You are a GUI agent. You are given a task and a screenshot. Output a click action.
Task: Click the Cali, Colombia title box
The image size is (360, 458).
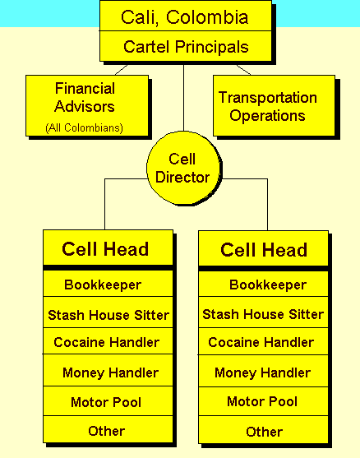186,16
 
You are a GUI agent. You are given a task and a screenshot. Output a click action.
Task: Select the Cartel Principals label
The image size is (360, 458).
186,47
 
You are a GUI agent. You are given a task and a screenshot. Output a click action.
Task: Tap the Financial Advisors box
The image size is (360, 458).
87,105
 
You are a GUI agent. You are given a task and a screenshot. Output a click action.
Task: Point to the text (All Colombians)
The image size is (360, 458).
85,128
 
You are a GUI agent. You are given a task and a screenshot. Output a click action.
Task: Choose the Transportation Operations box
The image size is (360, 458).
274,105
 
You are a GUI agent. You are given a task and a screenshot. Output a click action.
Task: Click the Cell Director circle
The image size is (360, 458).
183,168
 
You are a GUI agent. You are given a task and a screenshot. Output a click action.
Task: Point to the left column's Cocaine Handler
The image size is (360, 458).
108,341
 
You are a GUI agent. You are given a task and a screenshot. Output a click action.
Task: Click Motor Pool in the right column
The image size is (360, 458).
263,401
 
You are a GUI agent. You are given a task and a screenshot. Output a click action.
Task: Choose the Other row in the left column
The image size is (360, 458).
108,429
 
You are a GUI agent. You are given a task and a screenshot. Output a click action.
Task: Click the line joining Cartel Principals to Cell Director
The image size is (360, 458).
183,98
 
